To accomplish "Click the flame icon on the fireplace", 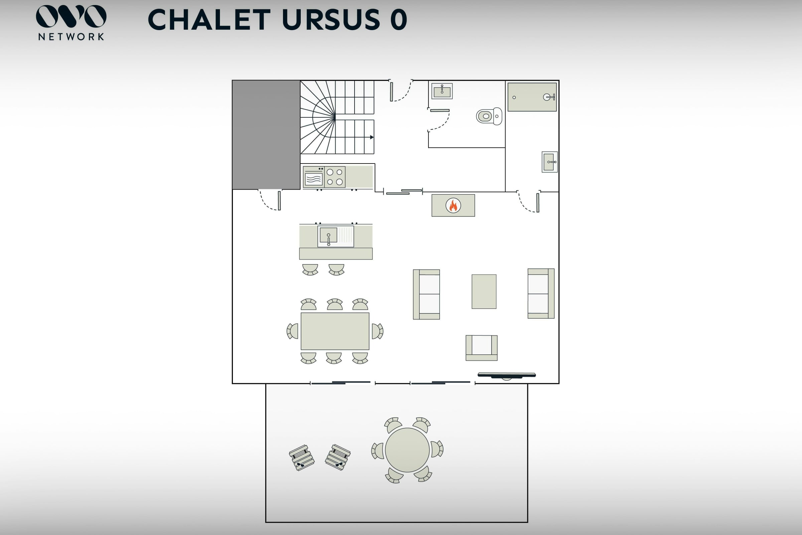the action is coord(453,205).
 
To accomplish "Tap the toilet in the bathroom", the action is coord(489,116).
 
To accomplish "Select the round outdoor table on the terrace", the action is coord(407,450).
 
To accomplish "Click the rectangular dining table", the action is coord(335,331).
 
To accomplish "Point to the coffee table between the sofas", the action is coord(484,291).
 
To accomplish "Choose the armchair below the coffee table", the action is coord(482,348).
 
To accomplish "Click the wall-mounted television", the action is coord(507,375).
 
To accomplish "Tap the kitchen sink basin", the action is coord(328,235).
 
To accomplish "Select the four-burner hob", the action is coord(335,177).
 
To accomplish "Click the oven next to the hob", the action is coord(314,177).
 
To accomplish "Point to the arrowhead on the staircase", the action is coord(372,137).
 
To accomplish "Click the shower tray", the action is coord(532,97).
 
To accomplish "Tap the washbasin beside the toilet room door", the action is coord(442,91).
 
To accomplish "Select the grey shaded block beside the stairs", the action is coord(266,135).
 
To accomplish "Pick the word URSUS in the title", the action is coord(331,19).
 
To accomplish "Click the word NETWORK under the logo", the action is coord(71,37).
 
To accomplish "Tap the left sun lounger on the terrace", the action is coord(302,458).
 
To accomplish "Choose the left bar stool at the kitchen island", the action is coord(310,270).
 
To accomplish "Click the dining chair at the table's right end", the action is coord(377,331).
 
